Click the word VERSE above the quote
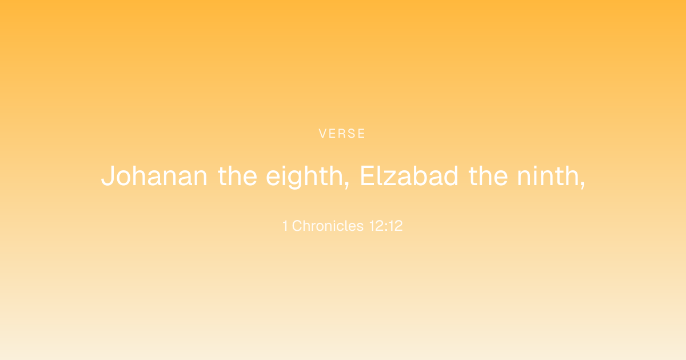342,134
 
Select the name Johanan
154,176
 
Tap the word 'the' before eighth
237,176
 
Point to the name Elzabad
409,176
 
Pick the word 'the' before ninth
488,176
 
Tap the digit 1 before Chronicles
285,226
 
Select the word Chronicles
328,226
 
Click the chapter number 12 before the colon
377,226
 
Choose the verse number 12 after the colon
396,226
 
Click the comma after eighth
346,185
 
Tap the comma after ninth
582,185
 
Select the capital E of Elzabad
367,176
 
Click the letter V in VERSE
323,134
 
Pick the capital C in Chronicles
298,226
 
